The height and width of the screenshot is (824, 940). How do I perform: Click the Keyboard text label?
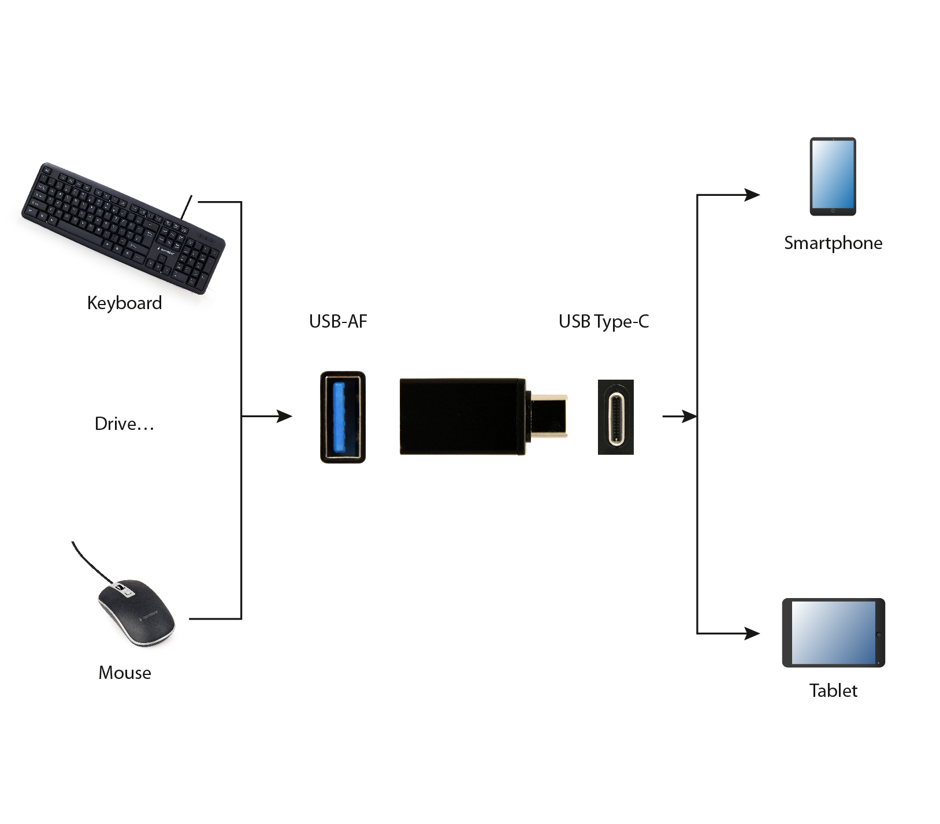[124, 303]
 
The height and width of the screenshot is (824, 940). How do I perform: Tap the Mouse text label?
[125, 673]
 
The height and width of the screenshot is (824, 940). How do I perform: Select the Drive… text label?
[124, 424]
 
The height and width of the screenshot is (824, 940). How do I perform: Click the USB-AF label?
[338, 321]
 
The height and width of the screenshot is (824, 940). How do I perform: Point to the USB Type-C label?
[604, 322]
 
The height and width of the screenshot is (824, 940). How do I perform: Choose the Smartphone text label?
[833, 243]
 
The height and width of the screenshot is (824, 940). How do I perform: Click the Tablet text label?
[833, 691]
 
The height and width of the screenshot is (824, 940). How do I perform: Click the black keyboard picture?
[123, 228]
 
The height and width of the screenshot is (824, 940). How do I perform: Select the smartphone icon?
[833, 176]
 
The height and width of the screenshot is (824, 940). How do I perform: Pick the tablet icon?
[833, 633]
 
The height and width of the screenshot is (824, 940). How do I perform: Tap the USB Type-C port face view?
[616, 417]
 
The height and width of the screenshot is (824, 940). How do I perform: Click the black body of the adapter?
[462, 417]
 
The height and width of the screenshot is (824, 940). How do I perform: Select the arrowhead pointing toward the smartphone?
[752, 195]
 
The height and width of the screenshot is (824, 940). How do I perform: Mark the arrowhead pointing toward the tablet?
[752, 633]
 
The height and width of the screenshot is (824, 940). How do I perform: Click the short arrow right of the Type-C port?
[679, 416]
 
